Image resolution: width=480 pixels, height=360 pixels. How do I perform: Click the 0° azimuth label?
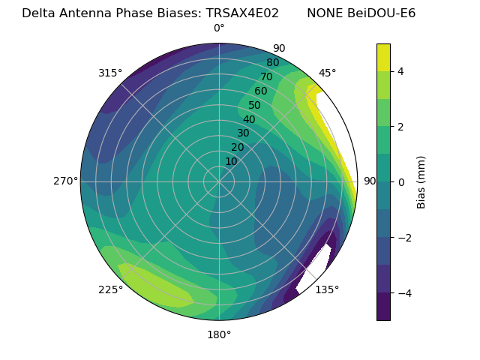pyautogui.click(x=219, y=28)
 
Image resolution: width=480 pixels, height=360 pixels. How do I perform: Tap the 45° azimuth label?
pyautogui.click(x=327, y=73)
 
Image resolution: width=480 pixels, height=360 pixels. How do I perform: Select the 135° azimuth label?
pyautogui.click(x=327, y=289)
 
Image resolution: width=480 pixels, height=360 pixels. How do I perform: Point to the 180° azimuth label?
pyautogui.click(x=219, y=334)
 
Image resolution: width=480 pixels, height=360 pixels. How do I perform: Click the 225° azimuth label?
pyautogui.click(x=110, y=289)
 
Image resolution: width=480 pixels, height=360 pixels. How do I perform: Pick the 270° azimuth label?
pyautogui.click(x=66, y=181)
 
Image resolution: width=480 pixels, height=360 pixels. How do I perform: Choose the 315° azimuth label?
pyautogui.click(x=110, y=73)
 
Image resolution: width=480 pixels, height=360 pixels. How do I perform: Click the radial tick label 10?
pyautogui.click(x=231, y=161)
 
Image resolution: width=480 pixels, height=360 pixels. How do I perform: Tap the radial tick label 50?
pyautogui.click(x=254, y=106)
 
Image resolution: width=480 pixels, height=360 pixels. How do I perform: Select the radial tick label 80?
pyautogui.click(x=272, y=62)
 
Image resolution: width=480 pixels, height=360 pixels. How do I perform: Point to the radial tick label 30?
pyautogui.click(x=243, y=133)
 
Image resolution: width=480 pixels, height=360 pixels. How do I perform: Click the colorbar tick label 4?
pyautogui.click(x=401, y=71)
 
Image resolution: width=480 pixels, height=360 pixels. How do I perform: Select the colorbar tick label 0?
pyautogui.click(x=401, y=182)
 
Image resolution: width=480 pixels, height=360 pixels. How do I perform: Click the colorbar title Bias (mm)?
pyautogui.click(x=421, y=181)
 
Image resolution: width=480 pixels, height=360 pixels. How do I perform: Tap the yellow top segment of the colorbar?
pyautogui.click(x=383, y=57)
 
